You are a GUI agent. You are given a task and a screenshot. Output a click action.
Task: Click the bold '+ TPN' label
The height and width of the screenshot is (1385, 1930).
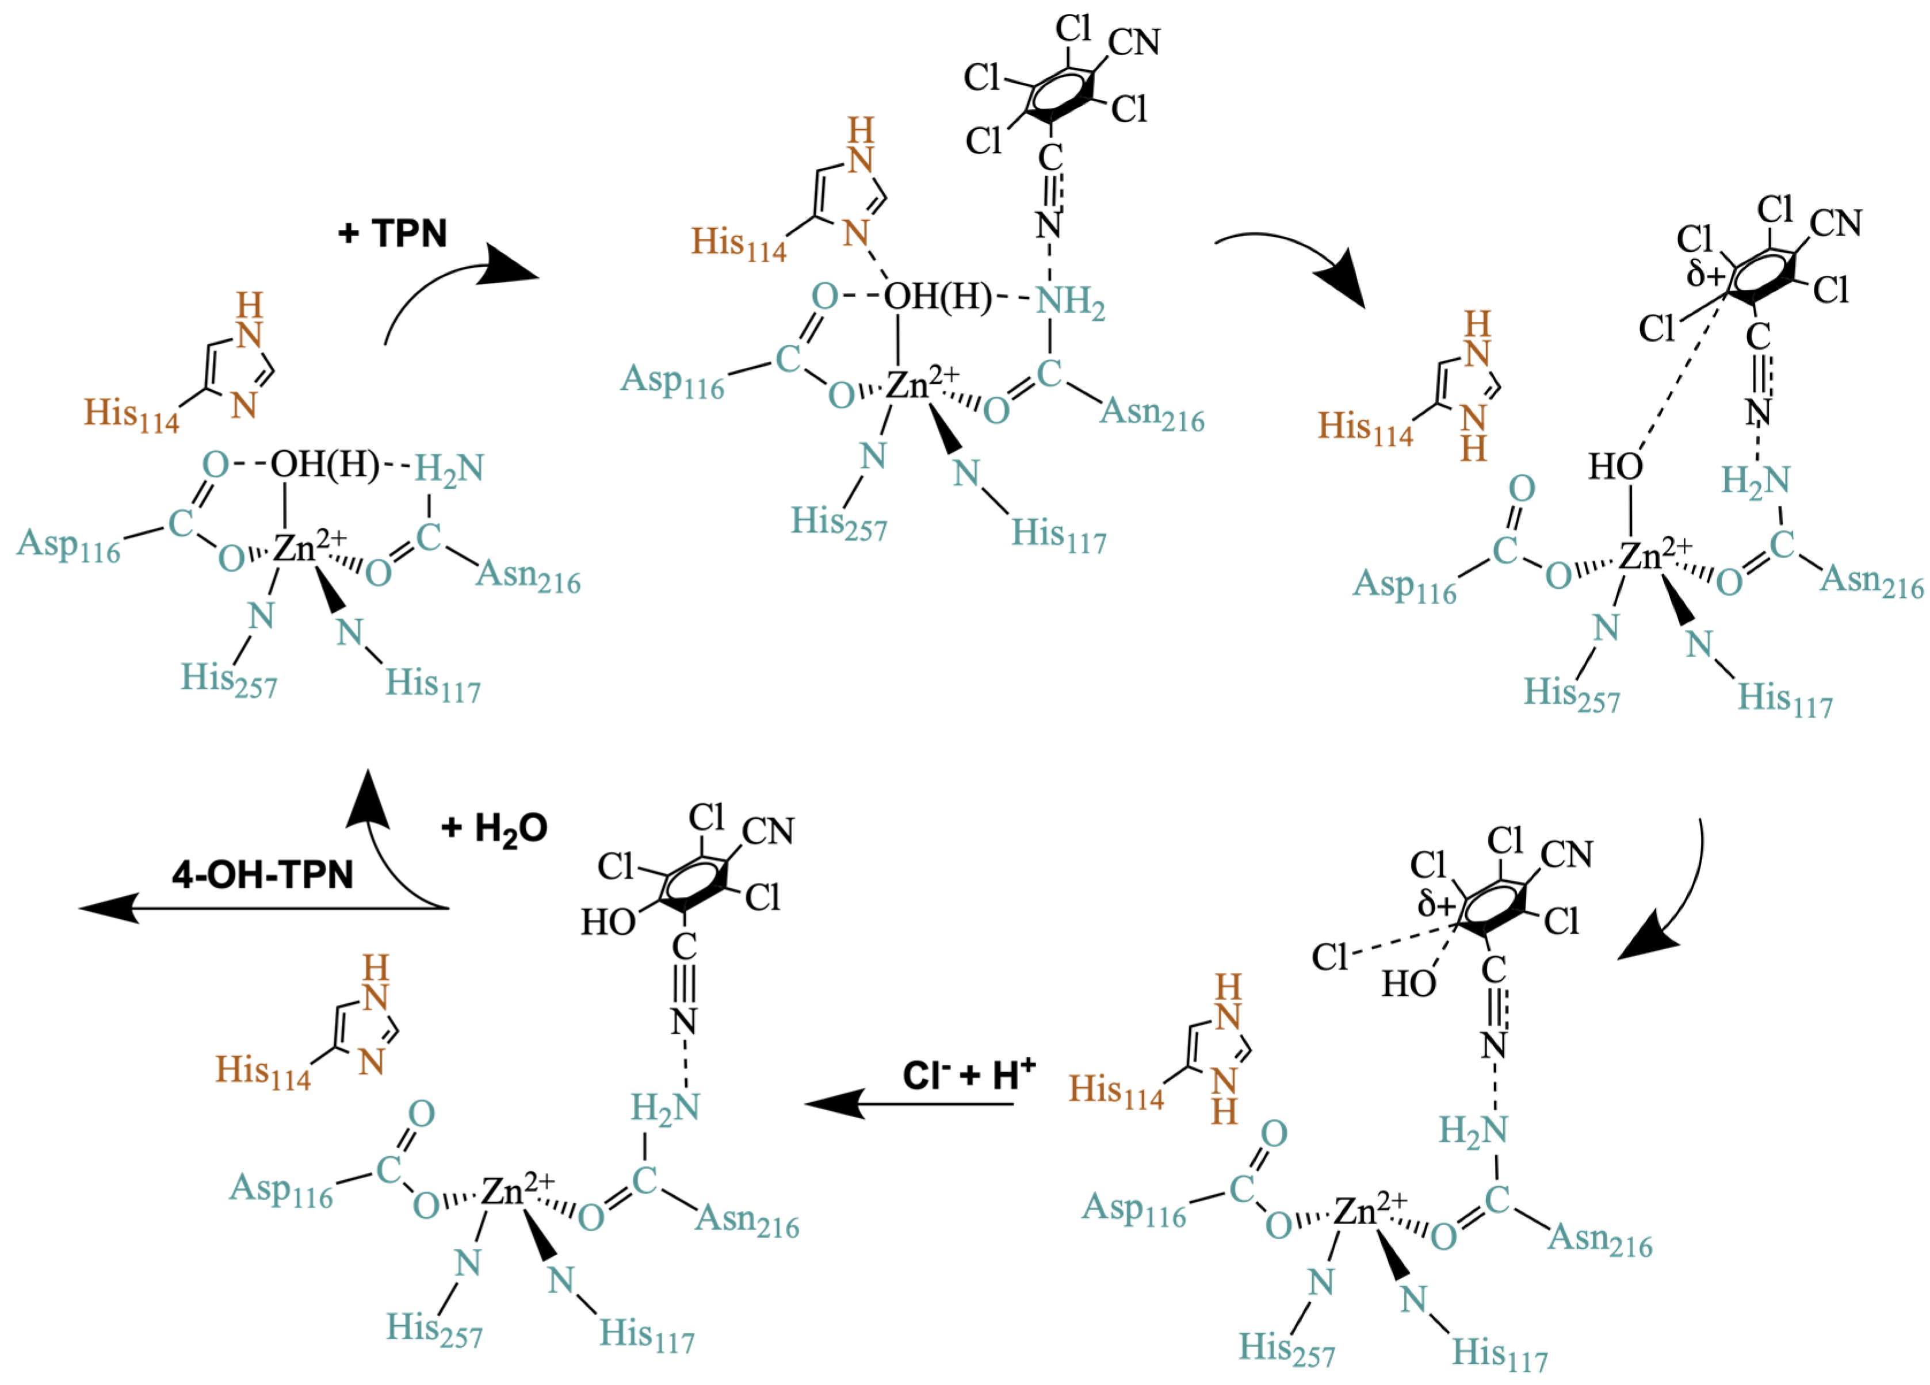click(392, 233)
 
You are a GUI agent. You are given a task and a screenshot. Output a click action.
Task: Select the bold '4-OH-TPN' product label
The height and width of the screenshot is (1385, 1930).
click(262, 874)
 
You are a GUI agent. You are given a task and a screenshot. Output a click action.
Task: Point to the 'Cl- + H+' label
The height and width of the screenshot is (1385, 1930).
click(968, 1075)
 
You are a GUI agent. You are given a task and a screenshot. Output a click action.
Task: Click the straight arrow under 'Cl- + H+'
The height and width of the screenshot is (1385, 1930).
click(911, 1104)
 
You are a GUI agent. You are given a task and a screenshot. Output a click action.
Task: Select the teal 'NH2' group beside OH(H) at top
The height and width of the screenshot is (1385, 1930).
click(1069, 301)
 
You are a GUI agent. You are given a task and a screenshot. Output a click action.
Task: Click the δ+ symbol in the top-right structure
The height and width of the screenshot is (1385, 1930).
click(1705, 274)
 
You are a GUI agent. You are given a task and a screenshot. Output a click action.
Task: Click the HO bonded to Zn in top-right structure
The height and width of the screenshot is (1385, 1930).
click(1615, 466)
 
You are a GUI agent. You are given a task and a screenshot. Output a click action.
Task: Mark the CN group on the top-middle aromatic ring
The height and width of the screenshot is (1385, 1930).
click(1134, 42)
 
